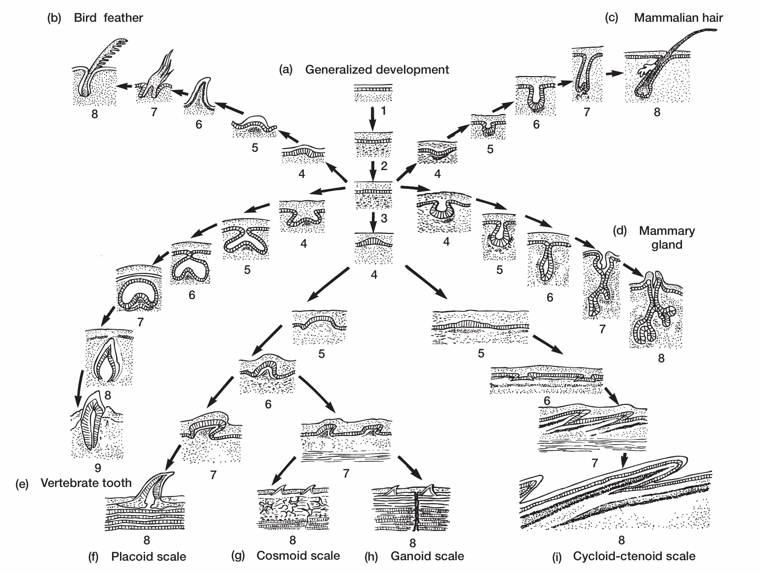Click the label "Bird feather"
point(108,18)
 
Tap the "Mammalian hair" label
point(678,18)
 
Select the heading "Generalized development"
point(377,69)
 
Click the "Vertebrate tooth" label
point(86,483)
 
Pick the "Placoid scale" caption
point(148,557)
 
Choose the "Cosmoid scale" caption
point(298,555)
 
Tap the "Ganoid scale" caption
point(427,556)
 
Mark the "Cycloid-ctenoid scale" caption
point(634,556)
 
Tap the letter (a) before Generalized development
point(285,70)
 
